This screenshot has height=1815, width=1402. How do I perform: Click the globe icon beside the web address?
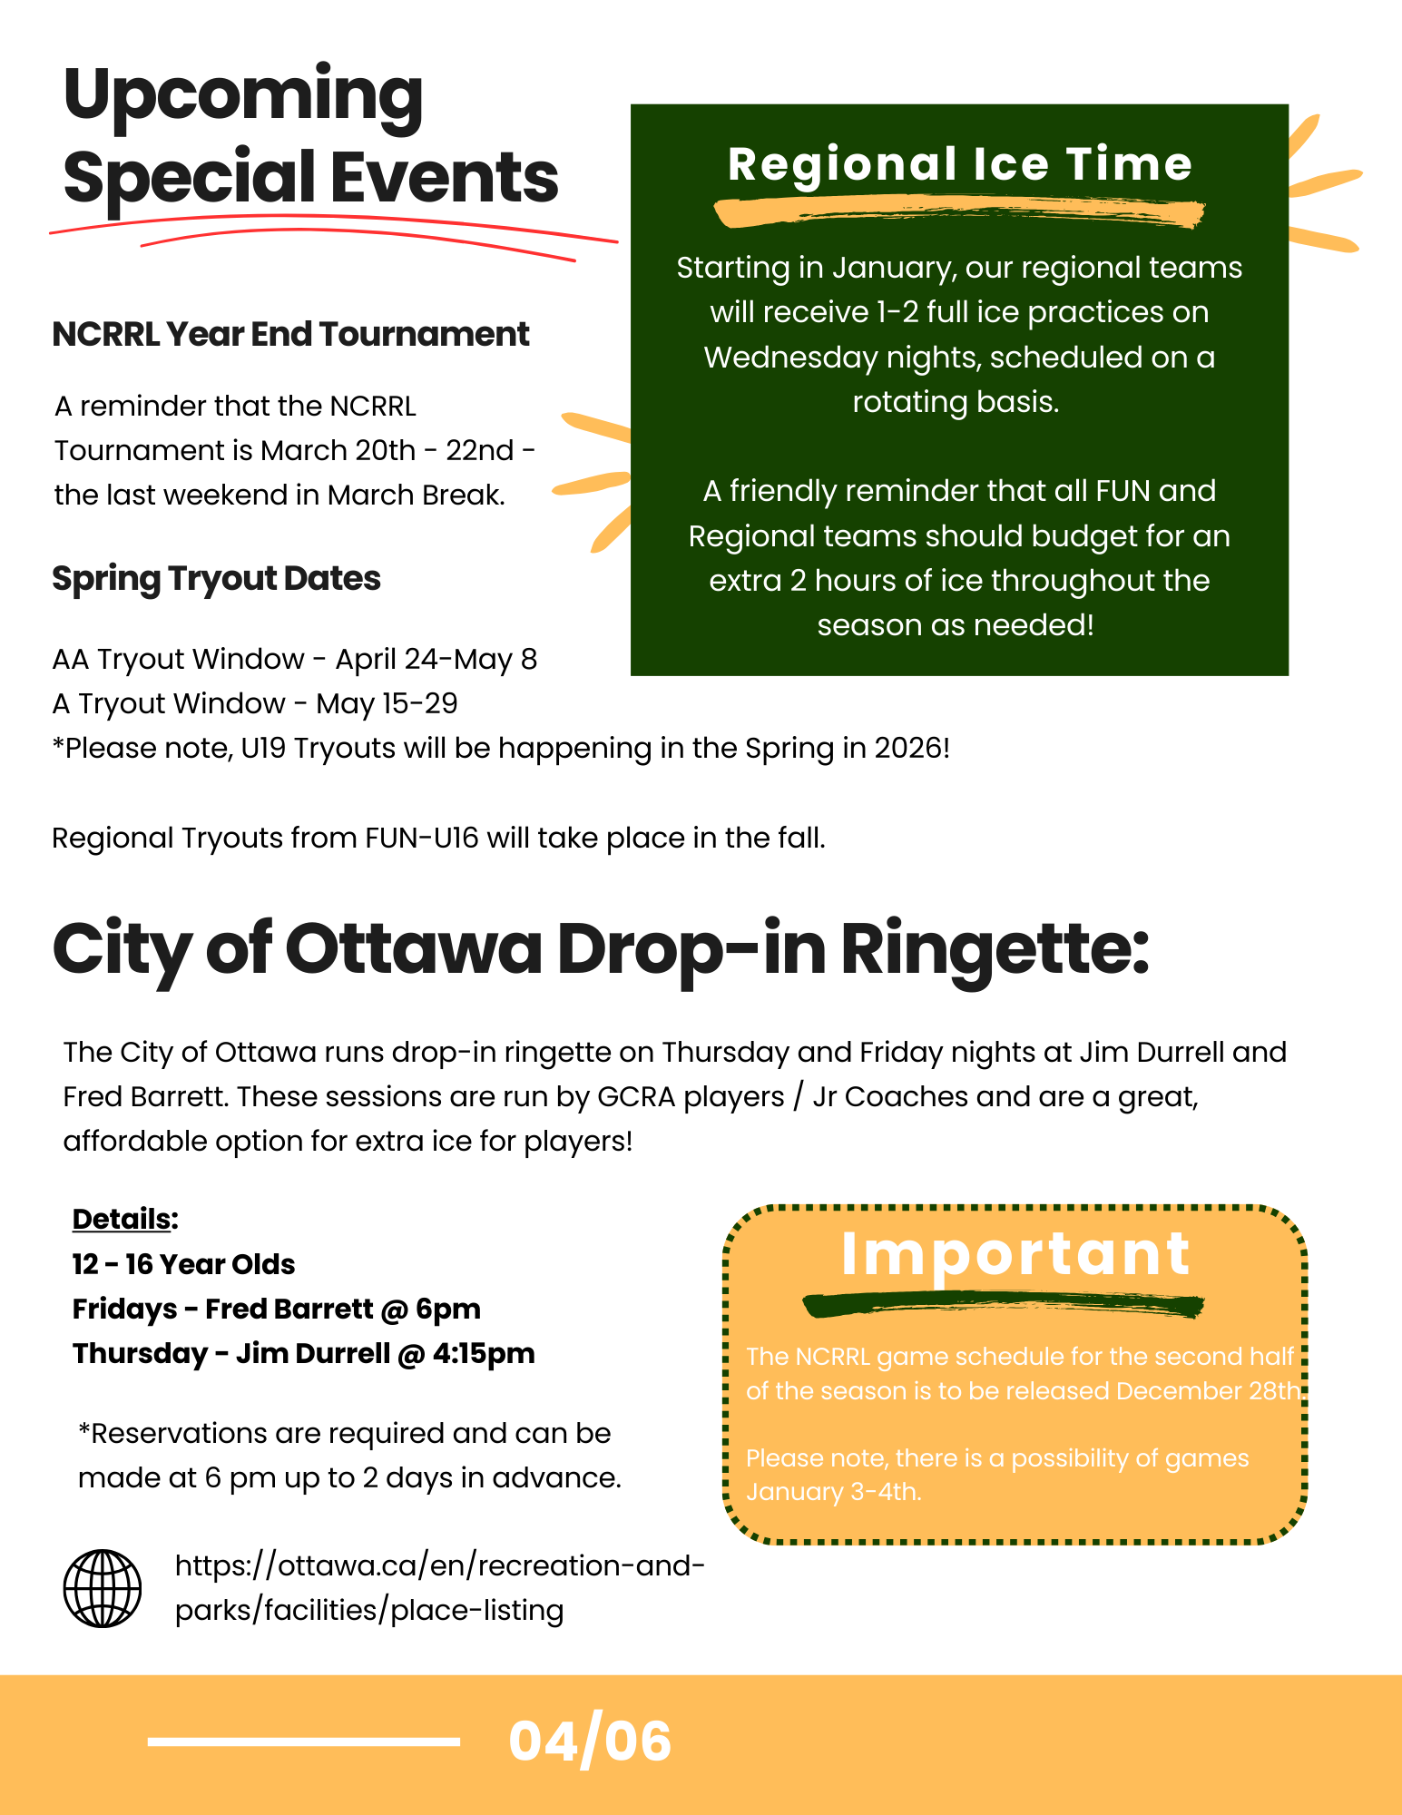click(103, 1588)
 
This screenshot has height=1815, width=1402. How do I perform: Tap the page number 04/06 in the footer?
click(590, 1741)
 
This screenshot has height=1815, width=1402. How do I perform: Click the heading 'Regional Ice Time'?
click(959, 164)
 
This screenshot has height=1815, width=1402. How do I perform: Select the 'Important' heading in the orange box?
click(1015, 1254)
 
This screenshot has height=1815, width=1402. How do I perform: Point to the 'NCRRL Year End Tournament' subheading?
click(290, 335)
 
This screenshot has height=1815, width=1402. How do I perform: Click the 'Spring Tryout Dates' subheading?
click(216, 579)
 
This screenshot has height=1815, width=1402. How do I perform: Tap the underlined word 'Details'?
click(122, 1219)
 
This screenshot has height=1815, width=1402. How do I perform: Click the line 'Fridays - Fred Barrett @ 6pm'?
click(276, 1309)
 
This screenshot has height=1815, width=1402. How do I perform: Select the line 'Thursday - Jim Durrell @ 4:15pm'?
click(303, 1353)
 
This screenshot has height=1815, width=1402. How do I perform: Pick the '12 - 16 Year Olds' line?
click(183, 1264)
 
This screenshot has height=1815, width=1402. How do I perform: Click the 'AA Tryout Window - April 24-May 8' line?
click(294, 659)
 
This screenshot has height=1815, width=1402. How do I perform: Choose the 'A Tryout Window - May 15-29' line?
click(254, 703)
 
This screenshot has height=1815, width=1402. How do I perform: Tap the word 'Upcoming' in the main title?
click(243, 95)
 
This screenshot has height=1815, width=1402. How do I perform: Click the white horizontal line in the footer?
click(303, 1741)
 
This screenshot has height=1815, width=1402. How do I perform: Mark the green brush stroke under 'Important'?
click(1003, 1305)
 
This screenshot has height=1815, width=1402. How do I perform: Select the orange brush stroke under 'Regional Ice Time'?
click(959, 213)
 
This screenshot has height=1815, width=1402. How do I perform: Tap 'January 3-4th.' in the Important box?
click(833, 1492)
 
